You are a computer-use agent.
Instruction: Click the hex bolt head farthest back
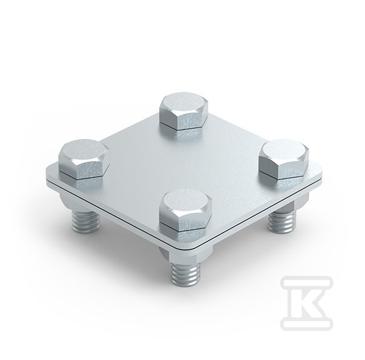pos(183,111)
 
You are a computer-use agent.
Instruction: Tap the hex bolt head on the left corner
pos(84,159)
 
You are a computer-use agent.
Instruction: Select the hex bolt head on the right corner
pos(284,159)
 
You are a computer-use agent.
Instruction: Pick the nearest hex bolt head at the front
pos(185,209)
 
